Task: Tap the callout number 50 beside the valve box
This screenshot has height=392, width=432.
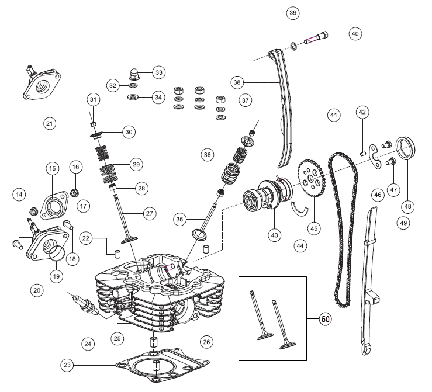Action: tap(325, 320)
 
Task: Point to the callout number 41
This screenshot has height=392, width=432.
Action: tap(333, 115)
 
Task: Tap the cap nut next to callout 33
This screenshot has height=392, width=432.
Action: tap(134, 74)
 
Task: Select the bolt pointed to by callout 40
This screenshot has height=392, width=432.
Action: tap(317, 39)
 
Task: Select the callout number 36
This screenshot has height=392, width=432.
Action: tap(207, 155)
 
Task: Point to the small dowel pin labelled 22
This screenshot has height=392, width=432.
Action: tap(116, 252)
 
